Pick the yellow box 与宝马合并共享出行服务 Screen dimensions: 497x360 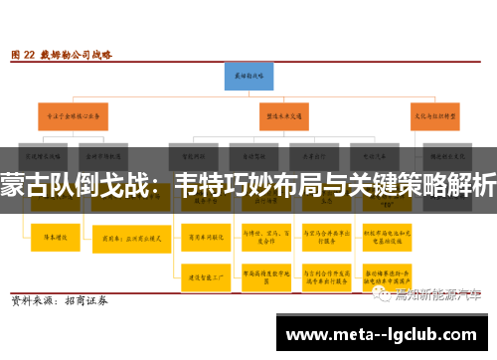[x=322, y=239]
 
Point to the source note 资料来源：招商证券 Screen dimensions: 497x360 [x=60, y=299]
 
